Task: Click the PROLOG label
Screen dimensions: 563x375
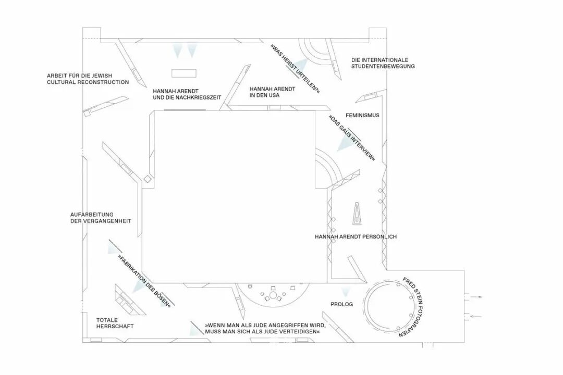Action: coord(341,304)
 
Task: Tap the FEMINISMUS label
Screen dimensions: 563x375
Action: coord(362,115)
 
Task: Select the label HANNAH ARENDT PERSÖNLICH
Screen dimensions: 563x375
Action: coord(356,236)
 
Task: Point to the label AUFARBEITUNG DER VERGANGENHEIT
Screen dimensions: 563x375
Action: coord(101,218)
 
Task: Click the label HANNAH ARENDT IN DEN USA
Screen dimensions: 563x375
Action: coord(273,92)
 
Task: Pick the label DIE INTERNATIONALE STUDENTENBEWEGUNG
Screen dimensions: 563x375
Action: coord(383,63)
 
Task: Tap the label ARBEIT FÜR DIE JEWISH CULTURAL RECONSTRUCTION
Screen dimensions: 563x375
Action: coord(88,79)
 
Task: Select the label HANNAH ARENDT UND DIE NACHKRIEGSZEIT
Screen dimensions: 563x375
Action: coord(187,94)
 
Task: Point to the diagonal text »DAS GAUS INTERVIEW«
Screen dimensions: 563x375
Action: coord(352,138)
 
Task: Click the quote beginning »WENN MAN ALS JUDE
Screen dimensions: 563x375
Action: coord(265,329)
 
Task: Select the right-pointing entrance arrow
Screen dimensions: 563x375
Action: coord(473,297)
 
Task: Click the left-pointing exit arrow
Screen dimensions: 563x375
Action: coord(473,317)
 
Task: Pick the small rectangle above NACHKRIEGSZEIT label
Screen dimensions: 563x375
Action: coord(184,73)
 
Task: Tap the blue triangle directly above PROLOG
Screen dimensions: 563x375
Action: coord(345,292)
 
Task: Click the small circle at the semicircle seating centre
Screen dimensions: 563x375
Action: coord(273,295)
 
